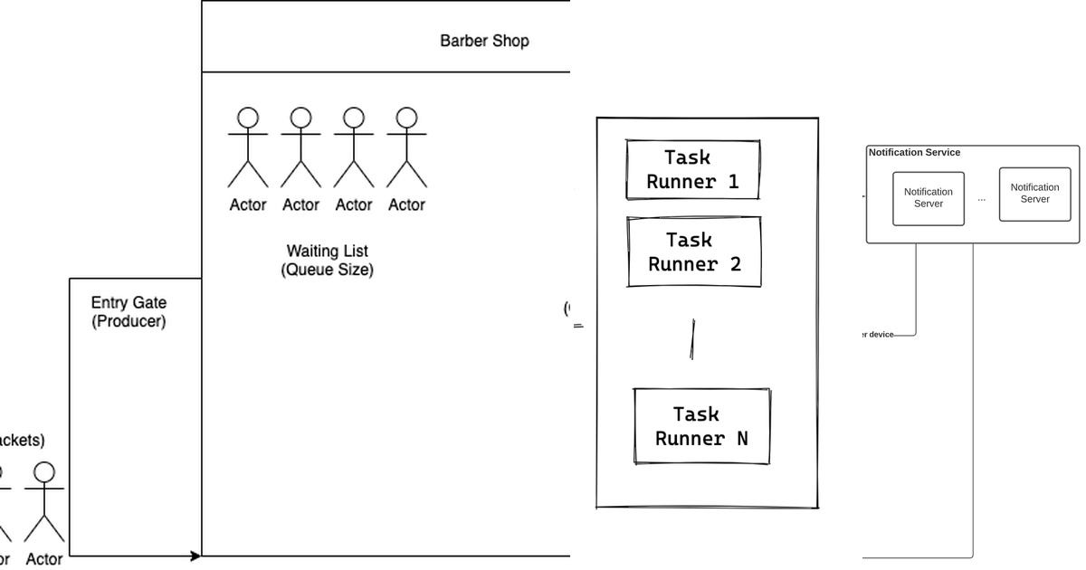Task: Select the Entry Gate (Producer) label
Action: pyautogui.click(x=129, y=312)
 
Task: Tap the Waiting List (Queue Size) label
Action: pyautogui.click(x=327, y=260)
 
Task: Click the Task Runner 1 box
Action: pyautogui.click(x=692, y=169)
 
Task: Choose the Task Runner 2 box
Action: pyautogui.click(x=694, y=252)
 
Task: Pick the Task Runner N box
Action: pyautogui.click(x=701, y=426)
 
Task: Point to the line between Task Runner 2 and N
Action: pyautogui.click(x=692, y=339)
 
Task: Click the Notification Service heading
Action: pyautogui.click(x=914, y=153)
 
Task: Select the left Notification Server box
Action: pyautogui.click(x=928, y=198)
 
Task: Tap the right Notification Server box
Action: pyautogui.click(x=1034, y=194)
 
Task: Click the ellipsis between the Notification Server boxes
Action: pyautogui.click(x=981, y=199)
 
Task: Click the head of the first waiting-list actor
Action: pyautogui.click(x=248, y=118)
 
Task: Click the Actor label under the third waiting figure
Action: pyautogui.click(x=353, y=205)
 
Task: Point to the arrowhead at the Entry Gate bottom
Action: pyautogui.click(x=195, y=556)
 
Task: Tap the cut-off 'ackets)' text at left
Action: pyautogui.click(x=22, y=441)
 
